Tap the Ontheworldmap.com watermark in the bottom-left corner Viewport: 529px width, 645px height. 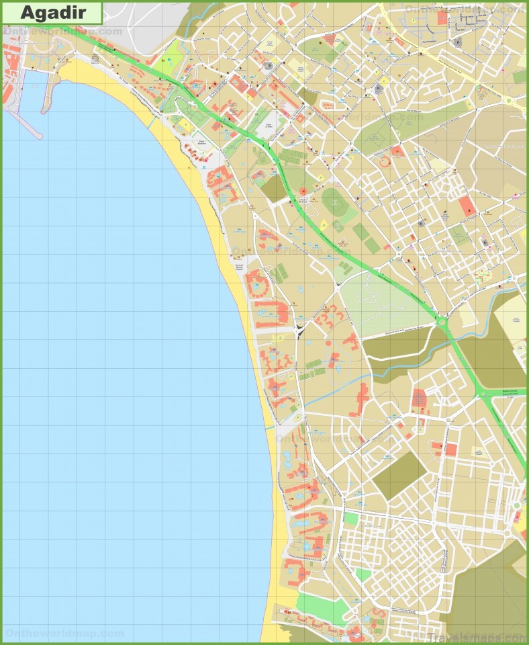(64, 633)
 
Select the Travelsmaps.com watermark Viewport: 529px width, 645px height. (475, 637)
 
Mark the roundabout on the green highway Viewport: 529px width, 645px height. (442, 322)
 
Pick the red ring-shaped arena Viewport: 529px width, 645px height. (385, 162)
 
